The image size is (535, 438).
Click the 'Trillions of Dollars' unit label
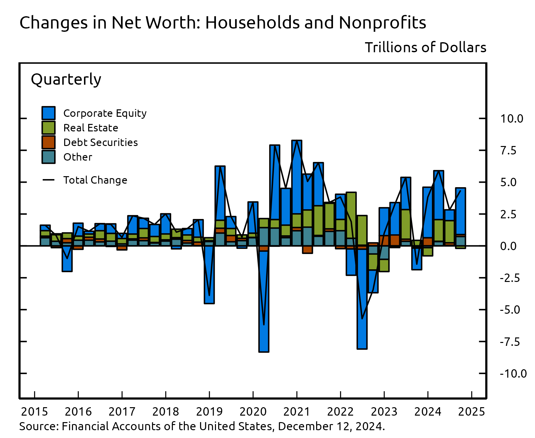click(425, 47)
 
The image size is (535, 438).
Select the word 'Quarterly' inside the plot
click(66, 79)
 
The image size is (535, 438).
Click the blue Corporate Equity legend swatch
click(49, 113)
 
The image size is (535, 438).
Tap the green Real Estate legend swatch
click(49, 128)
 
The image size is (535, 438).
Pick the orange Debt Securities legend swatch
click(49, 142)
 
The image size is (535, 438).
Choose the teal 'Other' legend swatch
click(49, 157)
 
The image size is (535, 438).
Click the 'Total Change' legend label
click(95, 180)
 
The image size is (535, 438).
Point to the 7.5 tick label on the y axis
click(508, 151)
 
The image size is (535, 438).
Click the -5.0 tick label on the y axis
click(510, 310)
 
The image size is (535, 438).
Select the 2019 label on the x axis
click(209, 412)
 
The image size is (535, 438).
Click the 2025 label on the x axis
click(471, 412)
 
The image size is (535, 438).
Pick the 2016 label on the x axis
click(78, 412)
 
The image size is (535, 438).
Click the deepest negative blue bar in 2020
click(264, 302)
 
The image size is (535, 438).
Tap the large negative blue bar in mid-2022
click(362, 298)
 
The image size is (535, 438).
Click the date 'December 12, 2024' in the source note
click(331, 426)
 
